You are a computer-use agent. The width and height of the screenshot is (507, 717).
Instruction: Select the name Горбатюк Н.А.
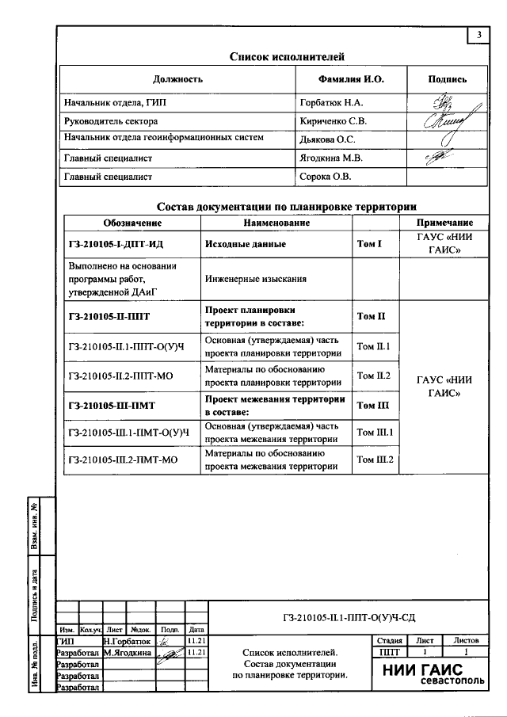coord(331,103)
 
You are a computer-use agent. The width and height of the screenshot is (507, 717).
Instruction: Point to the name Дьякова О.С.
coord(327,139)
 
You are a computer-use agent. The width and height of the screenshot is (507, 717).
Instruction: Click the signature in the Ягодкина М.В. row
coord(436,158)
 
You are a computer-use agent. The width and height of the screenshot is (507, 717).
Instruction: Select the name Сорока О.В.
coord(325,177)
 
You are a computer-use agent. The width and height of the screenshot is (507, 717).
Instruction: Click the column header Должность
coord(178,79)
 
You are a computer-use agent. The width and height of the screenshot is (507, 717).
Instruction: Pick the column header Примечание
coord(444,223)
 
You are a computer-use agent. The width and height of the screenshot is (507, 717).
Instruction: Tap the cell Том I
coord(369,245)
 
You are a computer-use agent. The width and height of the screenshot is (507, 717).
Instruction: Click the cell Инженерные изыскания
coord(255,280)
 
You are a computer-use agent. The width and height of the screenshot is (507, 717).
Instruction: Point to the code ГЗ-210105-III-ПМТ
coord(112,406)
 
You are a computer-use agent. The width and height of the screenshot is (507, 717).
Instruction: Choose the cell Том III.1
coord(375,432)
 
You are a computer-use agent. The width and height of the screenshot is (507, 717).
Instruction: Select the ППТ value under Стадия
coord(390,652)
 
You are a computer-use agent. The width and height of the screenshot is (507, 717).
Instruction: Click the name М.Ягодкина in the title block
coord(128,653)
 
